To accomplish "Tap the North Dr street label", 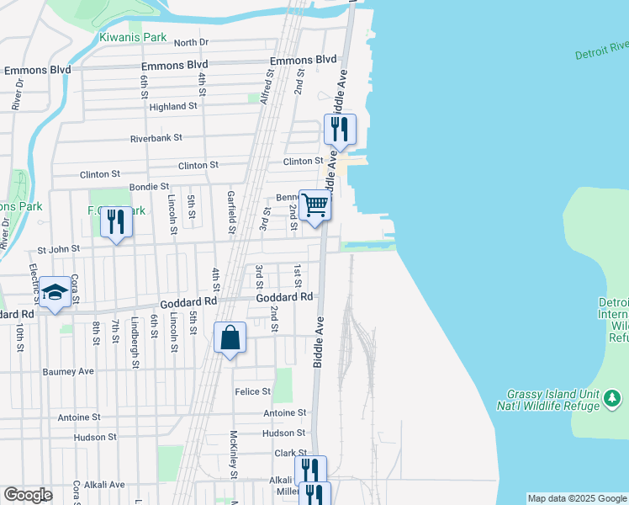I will click(x=191, y=42).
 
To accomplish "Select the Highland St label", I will click(x=173, y=107).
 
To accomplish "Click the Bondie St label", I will click(x=149, y=186).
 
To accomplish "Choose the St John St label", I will click(x=58, y=249).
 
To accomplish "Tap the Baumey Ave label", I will click(x=69, y=371).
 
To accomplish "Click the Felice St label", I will click(x=253, y=391).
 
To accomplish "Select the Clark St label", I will click(x=289, y=453).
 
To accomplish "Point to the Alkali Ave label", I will click(x=104, y=485).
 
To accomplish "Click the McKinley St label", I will click(x=234, y=454).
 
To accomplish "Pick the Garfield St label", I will click(x=231, y=213).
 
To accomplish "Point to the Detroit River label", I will click(x=602, y=50).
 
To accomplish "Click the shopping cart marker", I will click(x=314, y=205).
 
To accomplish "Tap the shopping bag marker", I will click(x=230, y=338).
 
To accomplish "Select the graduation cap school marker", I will click(x=55, y=292).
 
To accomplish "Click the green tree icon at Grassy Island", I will click(x=612, y=396).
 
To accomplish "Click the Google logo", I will click(x=28, y=495).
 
